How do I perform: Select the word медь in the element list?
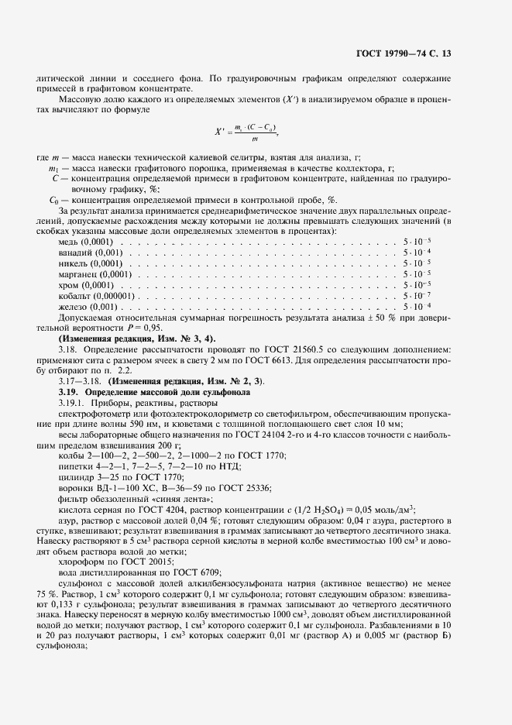click(x=70, y=242)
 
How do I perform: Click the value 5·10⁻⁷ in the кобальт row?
click(x=417, y=296)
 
